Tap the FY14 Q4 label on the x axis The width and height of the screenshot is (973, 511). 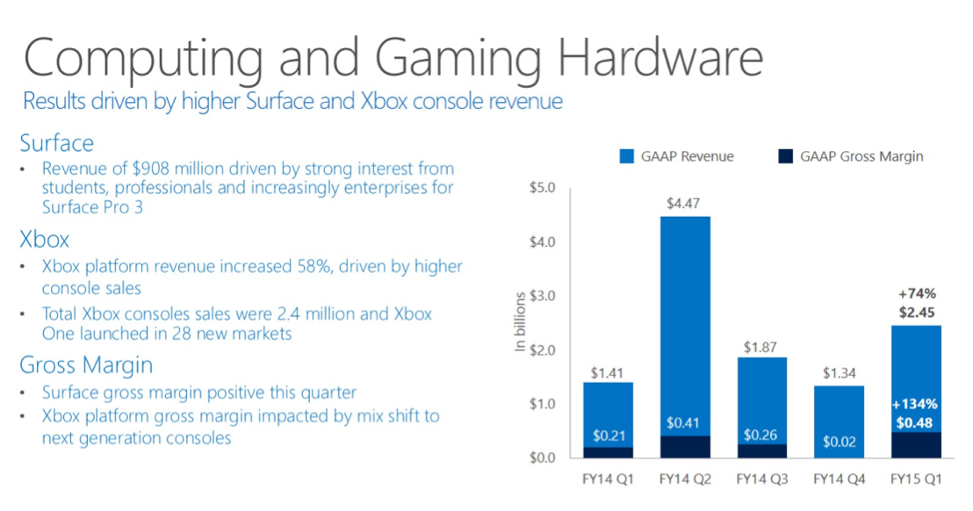(839, 480)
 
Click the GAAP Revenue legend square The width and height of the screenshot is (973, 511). (626, 156)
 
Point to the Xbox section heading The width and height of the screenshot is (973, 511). (45, 239)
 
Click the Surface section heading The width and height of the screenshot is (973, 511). (56, 142)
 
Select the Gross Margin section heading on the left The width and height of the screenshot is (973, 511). (86, 365)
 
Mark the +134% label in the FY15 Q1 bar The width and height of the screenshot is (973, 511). (917, 405)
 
